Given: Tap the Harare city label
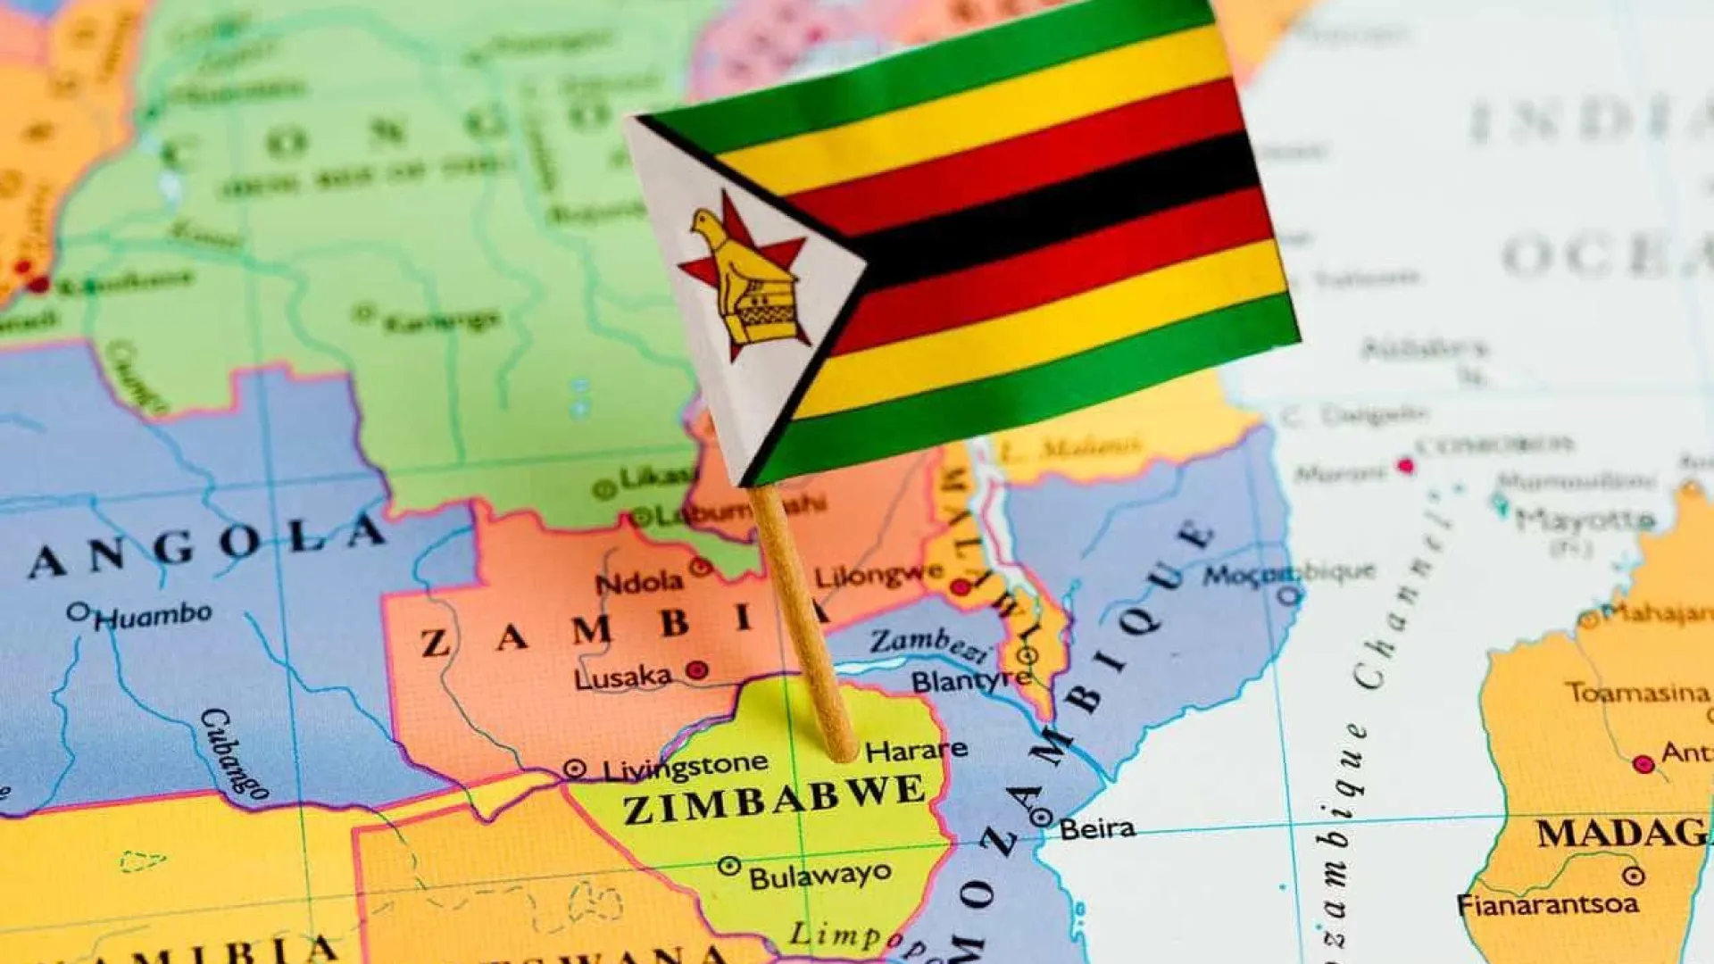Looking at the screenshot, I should pos(916,750).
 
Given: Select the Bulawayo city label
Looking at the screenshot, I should pos(820,875).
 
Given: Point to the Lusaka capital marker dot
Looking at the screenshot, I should pos(697,669).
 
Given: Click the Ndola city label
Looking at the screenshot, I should pos(639,583).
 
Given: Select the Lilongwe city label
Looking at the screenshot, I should pos(878,576).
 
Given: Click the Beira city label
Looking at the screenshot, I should pos(1097,828).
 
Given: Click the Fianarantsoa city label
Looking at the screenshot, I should pos(1548,904).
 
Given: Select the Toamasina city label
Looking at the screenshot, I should pos(1638,693).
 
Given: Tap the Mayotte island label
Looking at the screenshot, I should pos(1585,519).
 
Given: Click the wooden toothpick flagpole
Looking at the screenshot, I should pos(803,625).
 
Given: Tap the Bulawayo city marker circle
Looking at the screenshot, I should pos(729,865).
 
